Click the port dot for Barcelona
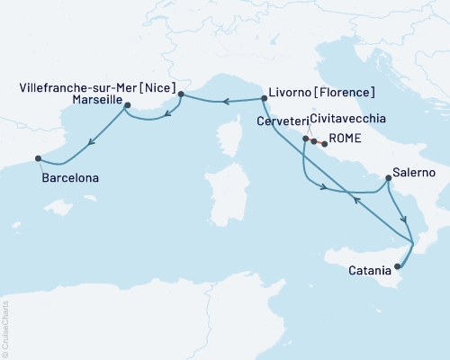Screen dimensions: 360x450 (x=38, y=158)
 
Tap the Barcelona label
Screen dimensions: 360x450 (x=70, y=178)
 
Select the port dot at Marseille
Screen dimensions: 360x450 (x=127, y=106)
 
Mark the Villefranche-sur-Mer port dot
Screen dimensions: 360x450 (x=181, y=94)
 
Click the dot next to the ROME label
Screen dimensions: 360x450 (x=325, y=144)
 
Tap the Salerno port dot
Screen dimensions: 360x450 (x=387, y=178)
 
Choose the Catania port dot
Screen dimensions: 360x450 (x=397, y=265)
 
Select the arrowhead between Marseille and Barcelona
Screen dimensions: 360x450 (x=91, y=140)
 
